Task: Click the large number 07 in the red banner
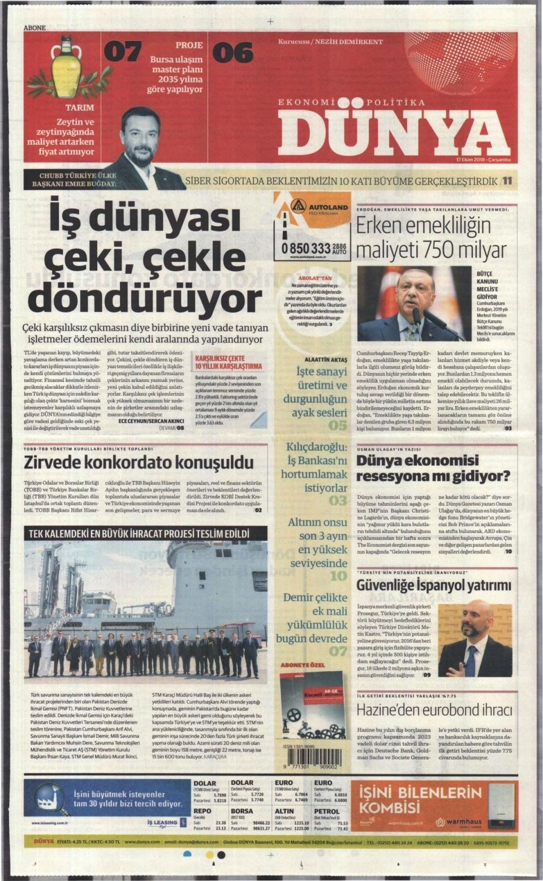tap(122, 53)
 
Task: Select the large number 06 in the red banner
tap(232, 53)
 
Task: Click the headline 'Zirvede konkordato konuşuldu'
tap(139, 462)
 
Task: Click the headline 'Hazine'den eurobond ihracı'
tap(434, 710)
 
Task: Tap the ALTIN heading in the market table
tap(285, 811)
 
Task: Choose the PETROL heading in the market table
tap(327, 811)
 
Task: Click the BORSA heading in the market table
tap(242, 811)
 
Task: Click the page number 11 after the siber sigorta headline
tap(507, 181)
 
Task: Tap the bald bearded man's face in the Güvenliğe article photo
tap(473, 621)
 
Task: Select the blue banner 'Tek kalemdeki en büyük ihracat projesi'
tap(139, 534)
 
